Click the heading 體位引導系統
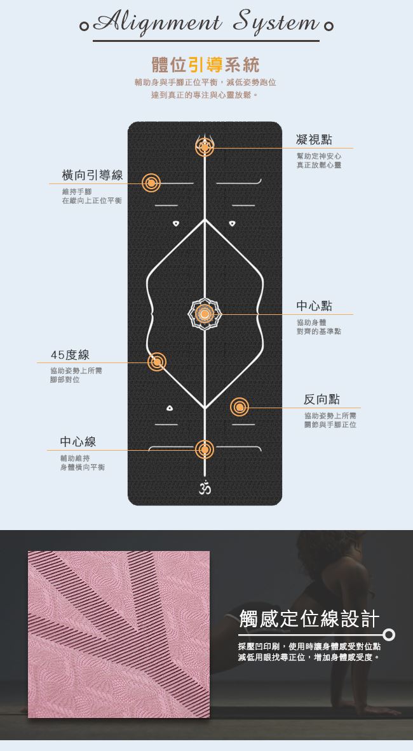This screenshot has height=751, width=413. coord(205,65)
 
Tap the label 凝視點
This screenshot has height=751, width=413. coord(314,140)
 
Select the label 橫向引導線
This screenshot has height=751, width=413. coord(92,175)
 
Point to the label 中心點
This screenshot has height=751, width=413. coord(314,306)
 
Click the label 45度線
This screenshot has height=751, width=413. coord(70,355)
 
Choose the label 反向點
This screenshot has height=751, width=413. coord(322,399)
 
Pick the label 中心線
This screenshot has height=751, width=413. coord(78,442)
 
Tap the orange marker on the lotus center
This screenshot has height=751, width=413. coord(205,314)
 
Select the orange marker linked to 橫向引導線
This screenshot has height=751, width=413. coord(151,183)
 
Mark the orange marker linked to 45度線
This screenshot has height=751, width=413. coord(156,362)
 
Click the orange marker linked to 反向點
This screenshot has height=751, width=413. coord(240,407)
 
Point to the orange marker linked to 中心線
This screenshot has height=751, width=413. coord(204,449)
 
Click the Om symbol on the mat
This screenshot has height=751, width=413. coord(204,488)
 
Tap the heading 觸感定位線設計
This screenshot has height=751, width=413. coord(309,618)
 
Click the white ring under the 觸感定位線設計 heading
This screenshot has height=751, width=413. coord(389,634)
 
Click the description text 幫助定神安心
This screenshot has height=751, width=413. coord(318,156)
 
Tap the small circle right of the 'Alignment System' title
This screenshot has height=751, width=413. coord(328,27)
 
